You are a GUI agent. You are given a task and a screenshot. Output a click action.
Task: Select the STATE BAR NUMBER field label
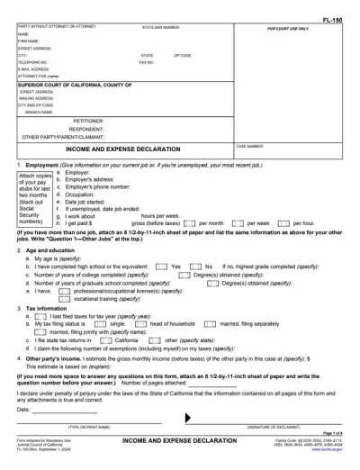pyautogui.click(x=161, y=28)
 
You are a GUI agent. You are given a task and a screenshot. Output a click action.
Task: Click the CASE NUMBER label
pyautogui.click(x=248, y=145)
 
